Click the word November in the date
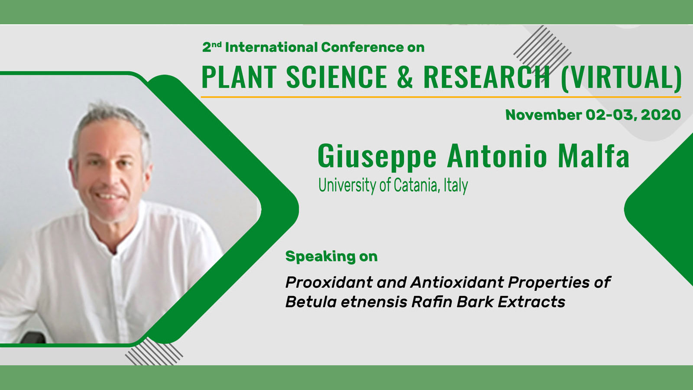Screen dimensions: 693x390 [x=543, y=115]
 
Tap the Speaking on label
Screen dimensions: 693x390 [x=331, y=257]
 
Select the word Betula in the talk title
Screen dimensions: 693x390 [x=311, y=302]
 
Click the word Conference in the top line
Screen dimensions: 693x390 [x=362, y=47]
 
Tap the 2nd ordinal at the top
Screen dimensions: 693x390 [x=212, y=47]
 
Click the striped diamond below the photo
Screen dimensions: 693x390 [x=154, y=351]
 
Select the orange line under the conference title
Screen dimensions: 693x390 [x=441, y=97]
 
